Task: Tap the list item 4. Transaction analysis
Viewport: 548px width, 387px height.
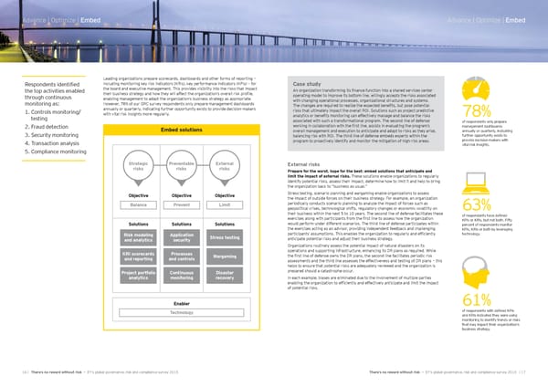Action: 39,143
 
